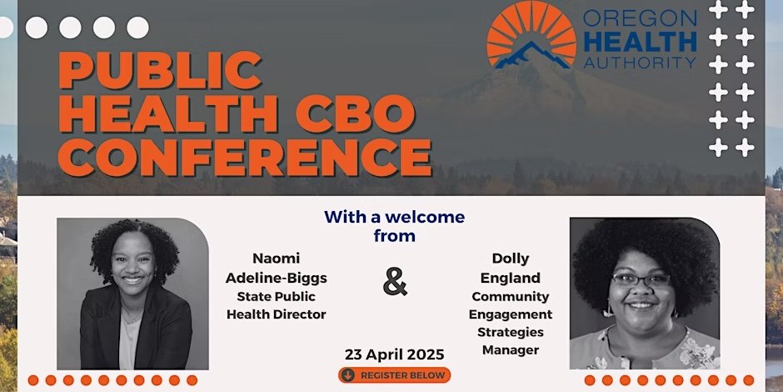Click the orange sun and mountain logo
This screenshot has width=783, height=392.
[531, 35]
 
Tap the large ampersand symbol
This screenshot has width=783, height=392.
[396, 282]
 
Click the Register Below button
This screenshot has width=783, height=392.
[394, 375]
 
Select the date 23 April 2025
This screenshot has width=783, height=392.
[394, 353]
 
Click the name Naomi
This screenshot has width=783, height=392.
[276, 259]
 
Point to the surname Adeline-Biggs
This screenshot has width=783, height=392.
[276, 278]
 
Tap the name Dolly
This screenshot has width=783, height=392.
[510, 259]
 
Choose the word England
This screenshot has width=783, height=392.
[510, 278]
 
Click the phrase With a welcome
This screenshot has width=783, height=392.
[394, 218]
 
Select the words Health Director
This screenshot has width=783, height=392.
[276, 314]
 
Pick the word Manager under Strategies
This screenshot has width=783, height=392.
[510, 350]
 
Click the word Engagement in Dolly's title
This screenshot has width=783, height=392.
[510, 314]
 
